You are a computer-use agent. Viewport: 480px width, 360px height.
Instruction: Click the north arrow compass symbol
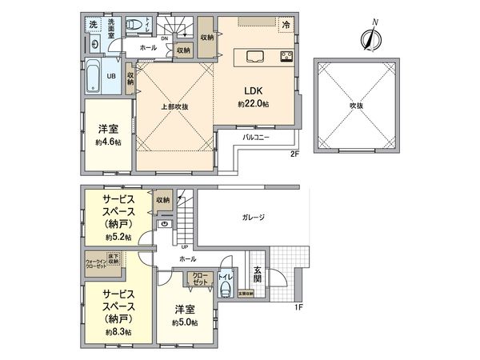coord(370,38)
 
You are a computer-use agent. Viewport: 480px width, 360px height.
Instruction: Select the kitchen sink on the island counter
coord(257,56)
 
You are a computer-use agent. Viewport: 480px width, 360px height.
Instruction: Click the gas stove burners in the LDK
coord(286,56)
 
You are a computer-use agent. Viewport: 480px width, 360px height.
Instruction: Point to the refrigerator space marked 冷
coord(286,26)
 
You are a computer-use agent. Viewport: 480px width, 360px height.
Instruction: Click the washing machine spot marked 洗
coord(92,24)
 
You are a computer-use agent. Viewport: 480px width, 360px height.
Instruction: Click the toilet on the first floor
coord(227,287)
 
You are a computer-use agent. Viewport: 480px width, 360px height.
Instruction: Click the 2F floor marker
coord(294,155)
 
